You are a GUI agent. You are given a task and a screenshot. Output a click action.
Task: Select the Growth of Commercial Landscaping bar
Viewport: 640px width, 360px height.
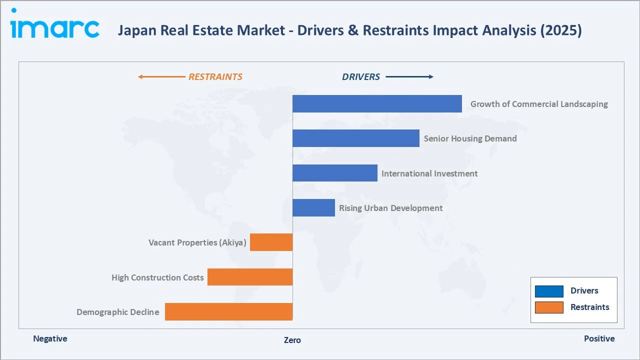(x=377, y=104)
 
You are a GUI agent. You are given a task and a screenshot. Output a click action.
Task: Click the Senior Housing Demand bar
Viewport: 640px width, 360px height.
(x=355, y=138)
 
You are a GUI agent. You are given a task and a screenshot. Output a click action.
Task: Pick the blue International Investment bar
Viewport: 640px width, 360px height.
(x=334, y=173)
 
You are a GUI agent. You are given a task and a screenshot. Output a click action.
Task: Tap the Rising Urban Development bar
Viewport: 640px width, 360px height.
(x=313, y=207)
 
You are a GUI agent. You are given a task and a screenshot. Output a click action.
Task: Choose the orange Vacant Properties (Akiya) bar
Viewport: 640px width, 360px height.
(x=271, y=242)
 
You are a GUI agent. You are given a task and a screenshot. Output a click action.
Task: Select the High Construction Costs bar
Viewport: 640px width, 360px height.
(x=249, y=277)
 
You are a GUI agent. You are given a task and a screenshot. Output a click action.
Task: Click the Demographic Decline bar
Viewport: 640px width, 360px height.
(x=228, y=311)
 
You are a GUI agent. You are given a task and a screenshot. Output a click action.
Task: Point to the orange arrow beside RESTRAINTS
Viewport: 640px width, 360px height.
(x=161, y=77)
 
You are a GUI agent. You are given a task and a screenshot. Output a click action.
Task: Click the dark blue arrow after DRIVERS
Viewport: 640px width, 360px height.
(x=409, y=77)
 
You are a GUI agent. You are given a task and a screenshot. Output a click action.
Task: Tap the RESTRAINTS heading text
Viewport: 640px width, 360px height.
(x=215, y=77)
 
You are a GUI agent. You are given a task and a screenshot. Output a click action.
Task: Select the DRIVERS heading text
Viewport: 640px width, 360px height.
(x=360, y=77)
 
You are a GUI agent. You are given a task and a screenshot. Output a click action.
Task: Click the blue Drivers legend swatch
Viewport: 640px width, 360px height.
(x=548, y=291)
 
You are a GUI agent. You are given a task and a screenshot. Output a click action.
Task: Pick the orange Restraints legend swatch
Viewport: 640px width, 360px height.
(x=548, y=307)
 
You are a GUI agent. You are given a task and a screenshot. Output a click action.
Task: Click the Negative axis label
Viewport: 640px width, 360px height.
(x=50, y=338)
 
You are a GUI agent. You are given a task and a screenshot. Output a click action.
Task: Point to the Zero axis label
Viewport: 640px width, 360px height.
(x=292, y=340)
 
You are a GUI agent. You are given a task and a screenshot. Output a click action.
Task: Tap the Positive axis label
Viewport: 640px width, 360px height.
(x=599, y=338)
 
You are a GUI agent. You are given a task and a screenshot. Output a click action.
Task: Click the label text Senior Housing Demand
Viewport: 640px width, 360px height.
(x=470, y=138)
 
